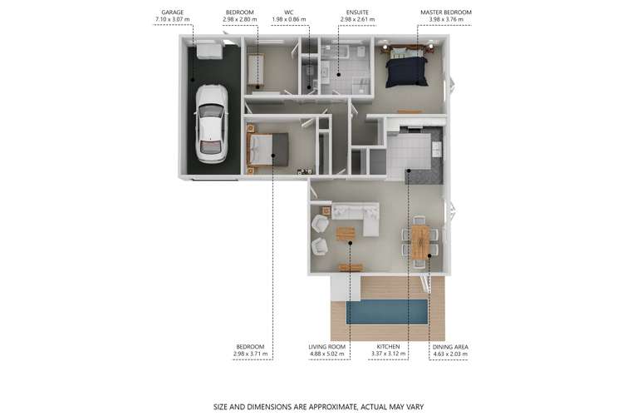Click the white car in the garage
point(212,124)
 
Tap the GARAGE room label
point(173,12)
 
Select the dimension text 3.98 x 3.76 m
point(446,19)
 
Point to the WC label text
point(289,12)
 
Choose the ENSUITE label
point(357,12)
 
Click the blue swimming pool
point(386,312)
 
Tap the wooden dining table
point(420,242)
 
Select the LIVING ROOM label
point(327,347)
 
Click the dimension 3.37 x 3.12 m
point(388,354)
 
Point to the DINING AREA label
point(450,347)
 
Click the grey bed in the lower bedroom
point(267,149)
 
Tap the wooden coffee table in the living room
point(346,233)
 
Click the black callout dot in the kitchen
point(408,171)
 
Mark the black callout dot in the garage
point(193,80)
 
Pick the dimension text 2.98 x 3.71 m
point(250,354)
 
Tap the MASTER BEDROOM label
point(446,12)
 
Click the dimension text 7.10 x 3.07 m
point(173,19)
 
